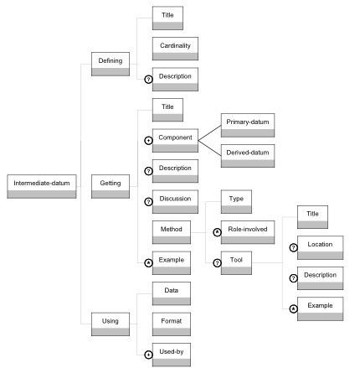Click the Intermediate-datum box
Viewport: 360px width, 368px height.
[42, 186]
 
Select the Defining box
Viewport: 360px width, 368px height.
[111, 64]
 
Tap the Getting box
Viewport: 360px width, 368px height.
[111, 186]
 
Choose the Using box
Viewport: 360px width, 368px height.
[111, 324]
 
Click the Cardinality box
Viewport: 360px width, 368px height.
[175, 49]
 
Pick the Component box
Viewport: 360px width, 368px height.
[175, 141]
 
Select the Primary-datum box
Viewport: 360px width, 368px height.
[248, 125]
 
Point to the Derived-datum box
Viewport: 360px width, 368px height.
[248, 156]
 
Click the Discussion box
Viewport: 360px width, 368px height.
[175, 202]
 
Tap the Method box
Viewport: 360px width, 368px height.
[172, 232]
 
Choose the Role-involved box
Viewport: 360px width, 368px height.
[248, 232]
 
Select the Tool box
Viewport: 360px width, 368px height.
[236, 263]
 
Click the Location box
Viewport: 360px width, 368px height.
[320, 247]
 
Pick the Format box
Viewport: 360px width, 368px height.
[172, 324]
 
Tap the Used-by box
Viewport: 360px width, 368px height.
[172, 355]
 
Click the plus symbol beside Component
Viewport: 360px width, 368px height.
[148, 141]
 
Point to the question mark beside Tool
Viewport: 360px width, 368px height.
[217, 263]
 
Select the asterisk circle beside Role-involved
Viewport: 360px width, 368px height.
[217, 232]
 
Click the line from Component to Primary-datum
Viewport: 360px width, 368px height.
[209, 132]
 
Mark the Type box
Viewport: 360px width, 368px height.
[236, 202]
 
